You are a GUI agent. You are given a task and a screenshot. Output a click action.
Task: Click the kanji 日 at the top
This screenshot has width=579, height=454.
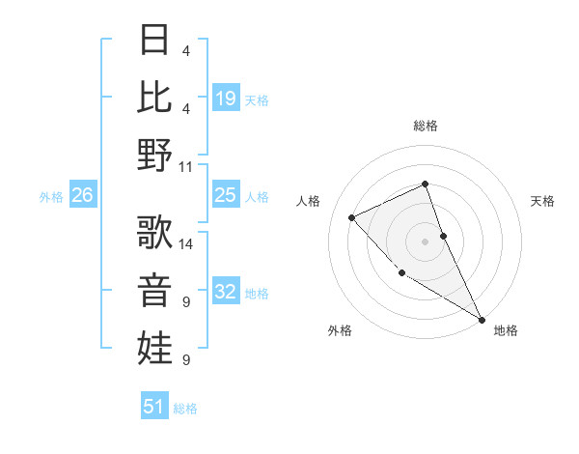155,40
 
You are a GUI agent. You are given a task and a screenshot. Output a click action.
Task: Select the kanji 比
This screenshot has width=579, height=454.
155,97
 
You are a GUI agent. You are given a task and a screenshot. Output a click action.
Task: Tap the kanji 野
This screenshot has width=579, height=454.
155,155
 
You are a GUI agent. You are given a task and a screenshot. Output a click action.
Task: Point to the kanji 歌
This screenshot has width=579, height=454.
155,232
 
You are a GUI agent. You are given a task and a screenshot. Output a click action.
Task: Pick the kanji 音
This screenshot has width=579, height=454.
155,289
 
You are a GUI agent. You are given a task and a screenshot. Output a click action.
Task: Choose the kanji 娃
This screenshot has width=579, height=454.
155,347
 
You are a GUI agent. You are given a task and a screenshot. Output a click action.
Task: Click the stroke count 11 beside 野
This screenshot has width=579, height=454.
186,166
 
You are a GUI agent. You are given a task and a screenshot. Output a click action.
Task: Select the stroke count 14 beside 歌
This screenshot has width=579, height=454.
186,243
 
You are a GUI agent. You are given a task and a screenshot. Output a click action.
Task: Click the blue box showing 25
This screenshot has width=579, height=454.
225,195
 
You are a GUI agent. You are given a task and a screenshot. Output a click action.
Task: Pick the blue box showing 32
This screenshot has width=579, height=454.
225,292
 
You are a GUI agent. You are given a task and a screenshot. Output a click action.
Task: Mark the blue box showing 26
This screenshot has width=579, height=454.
82,195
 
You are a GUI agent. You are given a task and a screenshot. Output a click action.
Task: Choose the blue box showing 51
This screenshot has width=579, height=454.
154,407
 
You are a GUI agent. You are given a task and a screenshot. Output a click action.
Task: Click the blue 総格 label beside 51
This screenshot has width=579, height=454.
185,409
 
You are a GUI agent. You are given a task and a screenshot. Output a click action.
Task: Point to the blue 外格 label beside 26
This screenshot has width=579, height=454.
51,197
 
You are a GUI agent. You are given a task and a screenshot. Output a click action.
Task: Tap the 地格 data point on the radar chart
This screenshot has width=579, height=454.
482,319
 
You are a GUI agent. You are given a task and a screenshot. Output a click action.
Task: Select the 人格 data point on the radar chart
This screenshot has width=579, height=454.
352,217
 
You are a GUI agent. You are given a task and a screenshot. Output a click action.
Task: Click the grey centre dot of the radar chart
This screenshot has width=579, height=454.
425,241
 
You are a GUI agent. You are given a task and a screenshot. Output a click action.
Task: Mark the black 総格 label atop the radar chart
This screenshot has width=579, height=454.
425,126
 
